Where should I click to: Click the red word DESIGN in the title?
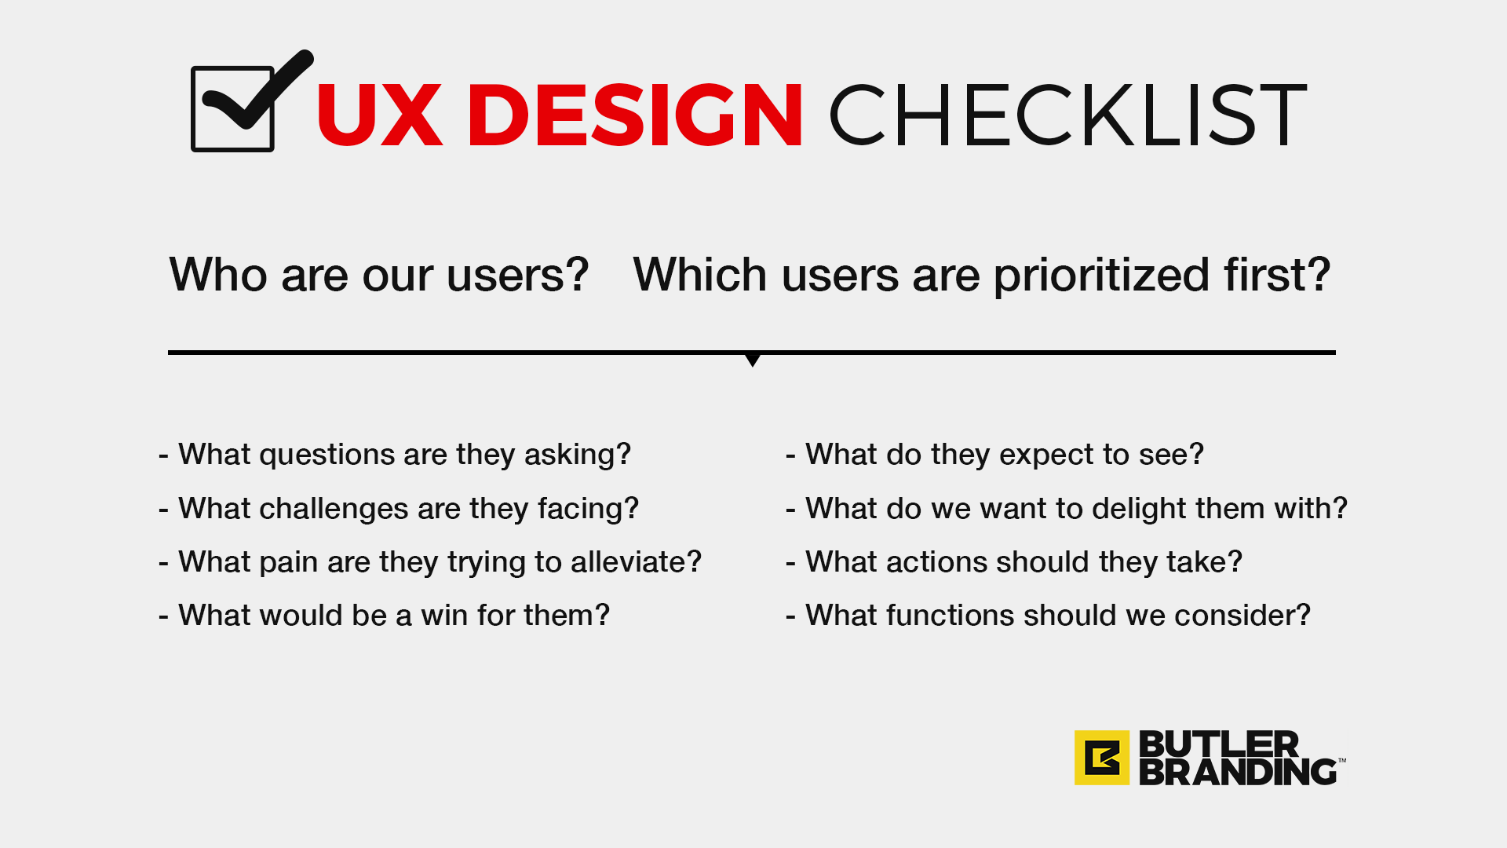click(635, 115)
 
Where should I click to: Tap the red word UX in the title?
click(380, 115)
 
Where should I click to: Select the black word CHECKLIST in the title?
click(1068, 115)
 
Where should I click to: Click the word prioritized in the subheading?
click(1101, 276)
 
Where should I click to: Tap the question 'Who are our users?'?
click(378, 275)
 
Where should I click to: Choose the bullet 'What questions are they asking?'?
click(395, 455)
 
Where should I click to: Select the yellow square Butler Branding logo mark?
click(1102, 758)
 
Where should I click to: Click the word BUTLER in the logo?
click(1219, 744)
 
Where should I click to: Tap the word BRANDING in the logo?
click(1238, 772)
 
